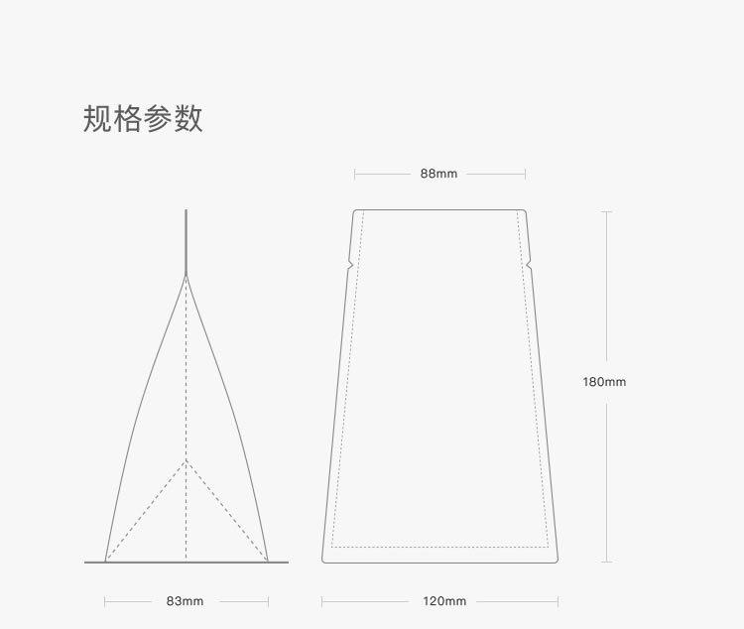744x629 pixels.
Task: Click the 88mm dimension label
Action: [438, 174]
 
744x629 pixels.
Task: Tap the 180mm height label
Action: [604, 382]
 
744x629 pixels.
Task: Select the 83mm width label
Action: [185, 601]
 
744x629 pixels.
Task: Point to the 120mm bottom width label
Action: [443, 601]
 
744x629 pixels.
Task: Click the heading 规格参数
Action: [143, 118]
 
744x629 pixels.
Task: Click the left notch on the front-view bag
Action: [350, 264]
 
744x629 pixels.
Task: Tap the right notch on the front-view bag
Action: [529, 264]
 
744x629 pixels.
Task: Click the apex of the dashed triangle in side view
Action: [186, 461]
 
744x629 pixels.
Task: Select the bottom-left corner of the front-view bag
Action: [323, 562]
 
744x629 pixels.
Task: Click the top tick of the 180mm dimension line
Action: [606, 211]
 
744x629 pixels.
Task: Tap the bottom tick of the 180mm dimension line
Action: [606, 562]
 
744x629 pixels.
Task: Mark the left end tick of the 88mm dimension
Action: [355, 174]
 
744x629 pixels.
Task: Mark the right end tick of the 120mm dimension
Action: [558, 601]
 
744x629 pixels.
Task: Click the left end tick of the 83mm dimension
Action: [104, 601]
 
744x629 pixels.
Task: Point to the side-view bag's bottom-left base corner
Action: [105, 562]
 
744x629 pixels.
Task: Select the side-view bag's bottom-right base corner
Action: [268, 562]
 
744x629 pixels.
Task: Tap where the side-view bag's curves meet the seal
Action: [186, 274]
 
